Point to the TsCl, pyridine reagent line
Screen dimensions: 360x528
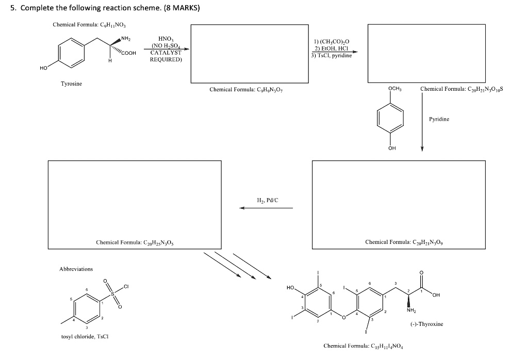[332, 55]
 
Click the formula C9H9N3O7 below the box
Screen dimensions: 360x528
[246, 90]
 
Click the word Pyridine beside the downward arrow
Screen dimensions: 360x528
[439, 119]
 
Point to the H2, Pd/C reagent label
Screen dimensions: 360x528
[267, 200]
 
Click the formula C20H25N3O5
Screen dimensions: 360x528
[134, 242]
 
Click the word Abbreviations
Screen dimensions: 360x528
[76, 269]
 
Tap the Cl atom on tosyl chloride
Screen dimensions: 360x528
[125, 286]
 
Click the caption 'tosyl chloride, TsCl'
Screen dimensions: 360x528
[84, 337]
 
